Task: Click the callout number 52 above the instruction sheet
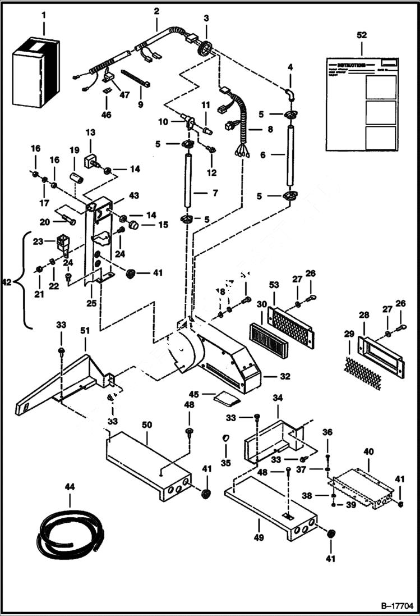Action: [362, 35]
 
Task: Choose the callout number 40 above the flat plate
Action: [368, 451]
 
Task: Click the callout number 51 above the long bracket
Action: [85, 331]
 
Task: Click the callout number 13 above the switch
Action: [91, 132]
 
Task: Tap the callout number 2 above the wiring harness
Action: [156, 11]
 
